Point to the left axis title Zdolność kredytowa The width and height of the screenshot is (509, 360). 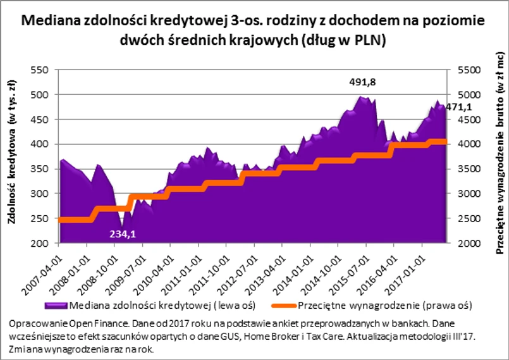(x=11, y=154)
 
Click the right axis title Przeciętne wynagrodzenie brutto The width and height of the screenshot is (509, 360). (x=499, y=154)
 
